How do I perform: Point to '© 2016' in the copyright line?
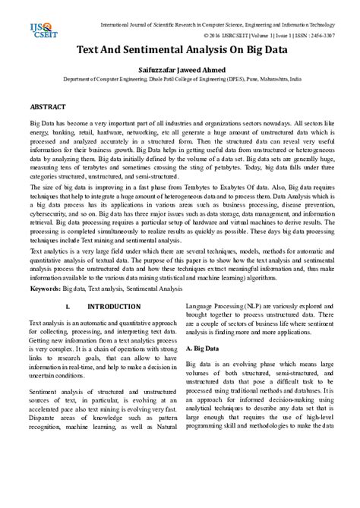214,36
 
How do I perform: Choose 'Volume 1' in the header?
264,36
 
